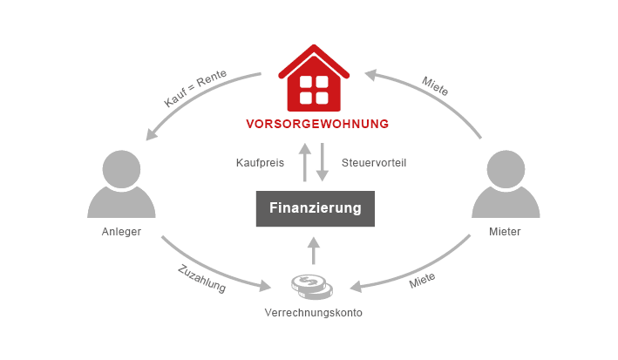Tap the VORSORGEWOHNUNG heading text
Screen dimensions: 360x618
pos(317,124)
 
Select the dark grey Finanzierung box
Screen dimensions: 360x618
pos(315,209)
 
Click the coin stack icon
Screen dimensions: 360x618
pos(311,285)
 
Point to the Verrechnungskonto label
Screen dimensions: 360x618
pos(313,312)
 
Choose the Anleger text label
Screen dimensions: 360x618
pos(121,233)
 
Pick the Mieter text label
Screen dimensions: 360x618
pos(506,233)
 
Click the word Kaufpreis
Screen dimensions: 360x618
pos(260,163)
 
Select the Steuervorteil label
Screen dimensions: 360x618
pos(374,163)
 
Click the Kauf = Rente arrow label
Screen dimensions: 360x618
pos(195,89)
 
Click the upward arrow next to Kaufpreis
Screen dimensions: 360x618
pos(304,162)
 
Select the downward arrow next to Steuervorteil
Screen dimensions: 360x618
pos(323,163)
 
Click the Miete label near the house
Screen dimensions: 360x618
pos(435,85)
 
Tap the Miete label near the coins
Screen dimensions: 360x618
pos(422,281)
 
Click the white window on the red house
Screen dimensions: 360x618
pos(314,88)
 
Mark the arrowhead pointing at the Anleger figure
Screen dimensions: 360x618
pos(152,133)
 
